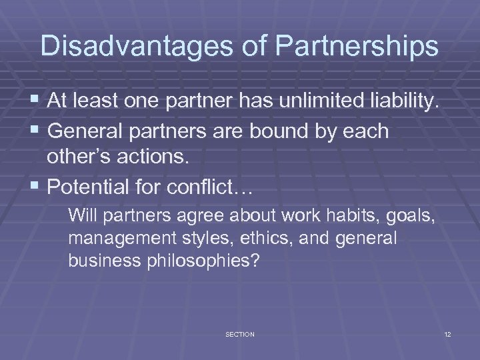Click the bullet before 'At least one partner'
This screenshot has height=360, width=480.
tap(36, 101)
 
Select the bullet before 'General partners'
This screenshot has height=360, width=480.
tap(36, 131)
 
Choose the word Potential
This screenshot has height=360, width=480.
tap(91, 187)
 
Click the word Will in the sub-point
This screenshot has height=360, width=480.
tap(82, 215)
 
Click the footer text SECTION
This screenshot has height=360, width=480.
tap(240, 334)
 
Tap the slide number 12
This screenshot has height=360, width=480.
tap(447, 334)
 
